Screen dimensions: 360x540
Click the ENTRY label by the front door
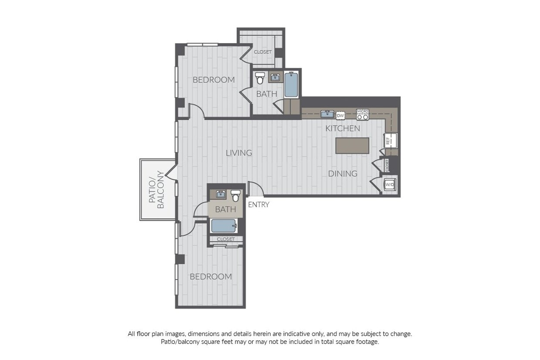[259, 205]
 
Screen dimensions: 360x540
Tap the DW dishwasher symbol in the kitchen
[341, 115]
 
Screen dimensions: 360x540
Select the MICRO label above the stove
[362, 111]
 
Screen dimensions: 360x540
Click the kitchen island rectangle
[352, 145]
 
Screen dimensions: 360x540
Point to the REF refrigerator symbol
[388, 141]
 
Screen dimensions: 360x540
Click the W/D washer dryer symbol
[390, 185]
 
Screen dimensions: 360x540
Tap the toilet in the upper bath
[260, 78]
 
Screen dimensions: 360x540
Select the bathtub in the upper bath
[291, 85]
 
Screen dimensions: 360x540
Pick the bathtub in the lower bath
[224, 226]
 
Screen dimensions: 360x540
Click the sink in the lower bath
[221, 194]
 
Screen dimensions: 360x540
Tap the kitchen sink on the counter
[327, 114]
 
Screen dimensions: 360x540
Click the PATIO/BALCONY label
[156, 190]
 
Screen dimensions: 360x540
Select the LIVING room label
[239, 153]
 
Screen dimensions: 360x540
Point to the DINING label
[343, 174]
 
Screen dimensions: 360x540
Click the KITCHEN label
[343, 128]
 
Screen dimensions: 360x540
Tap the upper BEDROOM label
[213, 80]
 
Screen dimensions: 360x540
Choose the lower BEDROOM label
[210, 276]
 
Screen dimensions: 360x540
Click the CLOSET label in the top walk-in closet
[263, 52]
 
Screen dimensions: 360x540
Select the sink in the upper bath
[275, 78]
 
